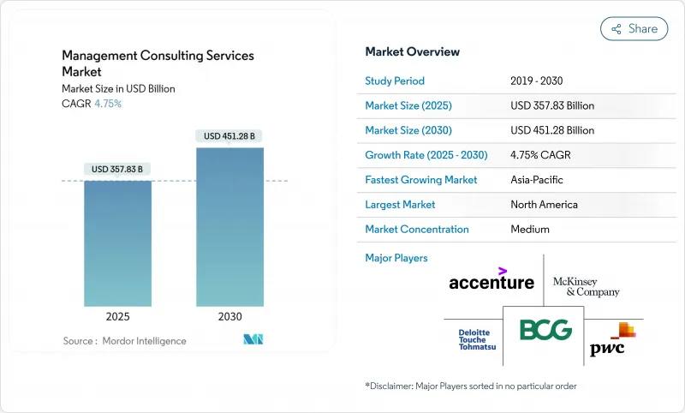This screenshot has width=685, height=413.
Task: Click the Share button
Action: [634, 28]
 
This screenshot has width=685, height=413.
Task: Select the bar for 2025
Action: [118, 243]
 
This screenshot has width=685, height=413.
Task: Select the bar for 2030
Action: [229, 227]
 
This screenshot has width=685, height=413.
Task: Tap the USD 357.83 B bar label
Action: [118, 169]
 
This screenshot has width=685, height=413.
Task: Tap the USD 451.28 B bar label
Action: [229, 135]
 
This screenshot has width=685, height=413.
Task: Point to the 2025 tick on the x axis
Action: [118, 316]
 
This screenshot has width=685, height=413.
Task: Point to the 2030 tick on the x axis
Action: [229, 316]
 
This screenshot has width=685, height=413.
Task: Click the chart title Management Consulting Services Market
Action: [158, 63]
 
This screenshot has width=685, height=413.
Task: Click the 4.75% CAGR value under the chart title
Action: [108, 104]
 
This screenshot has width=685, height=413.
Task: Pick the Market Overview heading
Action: [413, 51]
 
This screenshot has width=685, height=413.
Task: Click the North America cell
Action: [544, 205]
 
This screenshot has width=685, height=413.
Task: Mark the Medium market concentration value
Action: [530, 229]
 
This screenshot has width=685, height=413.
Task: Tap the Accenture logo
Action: [491, 279]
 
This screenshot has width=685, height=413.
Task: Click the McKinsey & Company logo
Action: [586, 287]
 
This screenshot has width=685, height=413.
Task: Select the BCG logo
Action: [545, 330]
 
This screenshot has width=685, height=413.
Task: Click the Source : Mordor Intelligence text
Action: [124, 341]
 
